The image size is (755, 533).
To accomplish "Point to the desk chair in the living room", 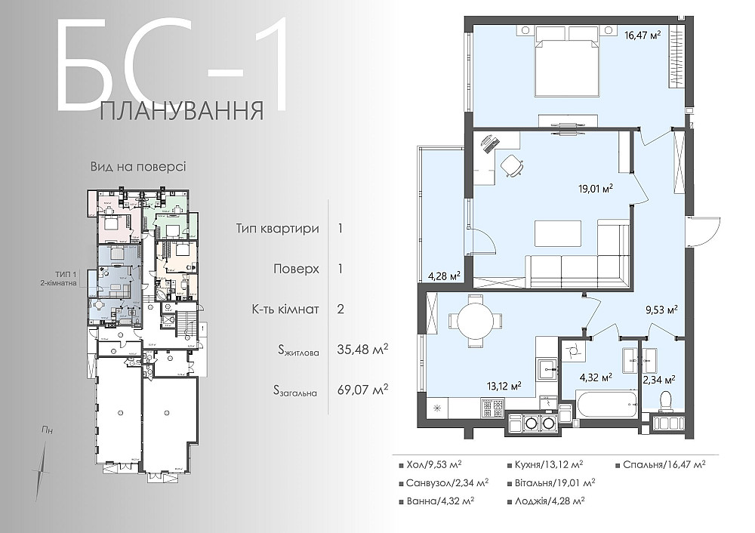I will click(x=512, y=165).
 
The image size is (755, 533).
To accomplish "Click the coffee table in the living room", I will click(x=558, y=233).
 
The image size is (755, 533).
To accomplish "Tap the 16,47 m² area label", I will click(x=643, y=34).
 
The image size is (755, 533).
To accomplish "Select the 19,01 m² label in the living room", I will click(x=593, y=189).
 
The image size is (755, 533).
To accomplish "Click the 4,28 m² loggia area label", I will click(x=445, y=276).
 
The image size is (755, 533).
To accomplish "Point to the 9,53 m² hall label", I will click(x=661, y=309).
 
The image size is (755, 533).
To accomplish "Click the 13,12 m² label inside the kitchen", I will click(x=505, y=385).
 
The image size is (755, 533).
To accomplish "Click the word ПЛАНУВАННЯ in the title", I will click(x=182, y=111).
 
